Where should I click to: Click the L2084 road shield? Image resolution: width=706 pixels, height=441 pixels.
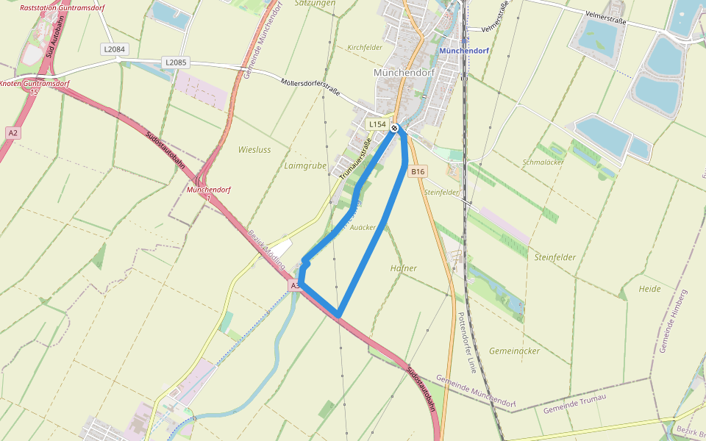(114, 49)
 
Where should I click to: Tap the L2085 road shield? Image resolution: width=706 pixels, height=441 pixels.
(176, 62)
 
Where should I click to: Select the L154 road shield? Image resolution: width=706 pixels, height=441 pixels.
(377, 124)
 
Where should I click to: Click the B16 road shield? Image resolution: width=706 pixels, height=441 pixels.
(418, 171)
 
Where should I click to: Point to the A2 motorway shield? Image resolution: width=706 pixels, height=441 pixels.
(13, 132)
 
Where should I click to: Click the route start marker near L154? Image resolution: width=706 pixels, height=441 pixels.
(395, 129)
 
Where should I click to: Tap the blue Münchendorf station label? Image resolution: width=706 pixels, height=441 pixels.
(463, 51)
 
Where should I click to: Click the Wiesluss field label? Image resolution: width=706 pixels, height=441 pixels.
(254, 149)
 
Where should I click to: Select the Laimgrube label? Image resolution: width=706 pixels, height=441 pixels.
(304, 166)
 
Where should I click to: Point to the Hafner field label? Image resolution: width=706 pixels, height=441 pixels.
(403, 268)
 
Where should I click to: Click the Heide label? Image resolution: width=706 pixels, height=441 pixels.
(649, 289)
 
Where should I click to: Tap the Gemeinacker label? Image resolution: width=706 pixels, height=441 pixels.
(514, 351)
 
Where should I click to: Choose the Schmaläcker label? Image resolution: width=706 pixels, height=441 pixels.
(542, 162)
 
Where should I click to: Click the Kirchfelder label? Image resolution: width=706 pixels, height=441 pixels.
(365, 47)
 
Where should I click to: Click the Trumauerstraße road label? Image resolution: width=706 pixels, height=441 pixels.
(354, 159)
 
